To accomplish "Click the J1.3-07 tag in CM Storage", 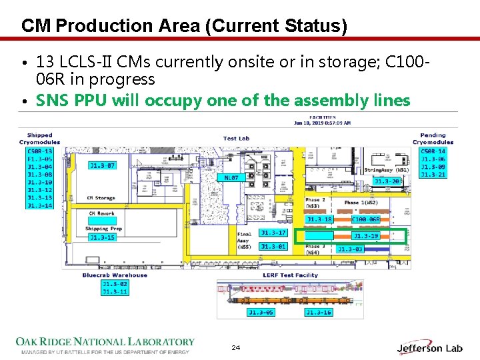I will [102, 165].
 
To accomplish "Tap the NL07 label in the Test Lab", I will [231, 177].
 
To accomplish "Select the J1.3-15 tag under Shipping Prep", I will [102, 237].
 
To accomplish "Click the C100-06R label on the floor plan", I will [365, 219].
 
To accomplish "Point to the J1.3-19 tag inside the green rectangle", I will [365, 236].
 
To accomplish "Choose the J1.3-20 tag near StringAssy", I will [387, 181].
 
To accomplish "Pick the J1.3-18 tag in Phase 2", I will [319, 219].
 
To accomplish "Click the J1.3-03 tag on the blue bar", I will [350, 249].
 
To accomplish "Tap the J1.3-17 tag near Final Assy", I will [273, 233].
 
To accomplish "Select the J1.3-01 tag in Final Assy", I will [273, 247].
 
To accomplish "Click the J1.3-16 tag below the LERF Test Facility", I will [318, 312].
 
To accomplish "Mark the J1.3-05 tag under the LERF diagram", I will [261, 312].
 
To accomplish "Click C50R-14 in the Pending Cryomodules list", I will [433, 151].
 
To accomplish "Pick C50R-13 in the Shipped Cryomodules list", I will [39, 151].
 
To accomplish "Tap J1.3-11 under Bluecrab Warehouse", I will [114, 291].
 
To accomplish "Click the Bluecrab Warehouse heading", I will [115, 275].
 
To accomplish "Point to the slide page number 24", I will [235, 348].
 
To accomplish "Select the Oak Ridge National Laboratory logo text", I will [105, 342].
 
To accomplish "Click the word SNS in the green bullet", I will [51, 101].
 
